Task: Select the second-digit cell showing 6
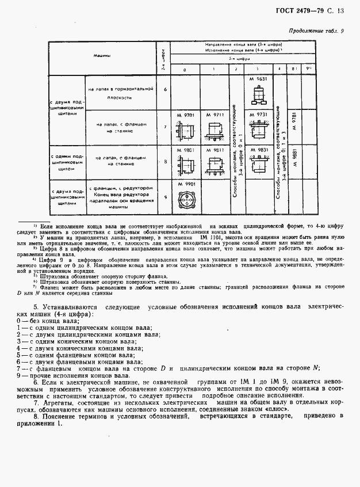pyautogui.click(x=166, y=89)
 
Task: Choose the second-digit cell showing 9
pyautogui.click(x=166, y=197)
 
